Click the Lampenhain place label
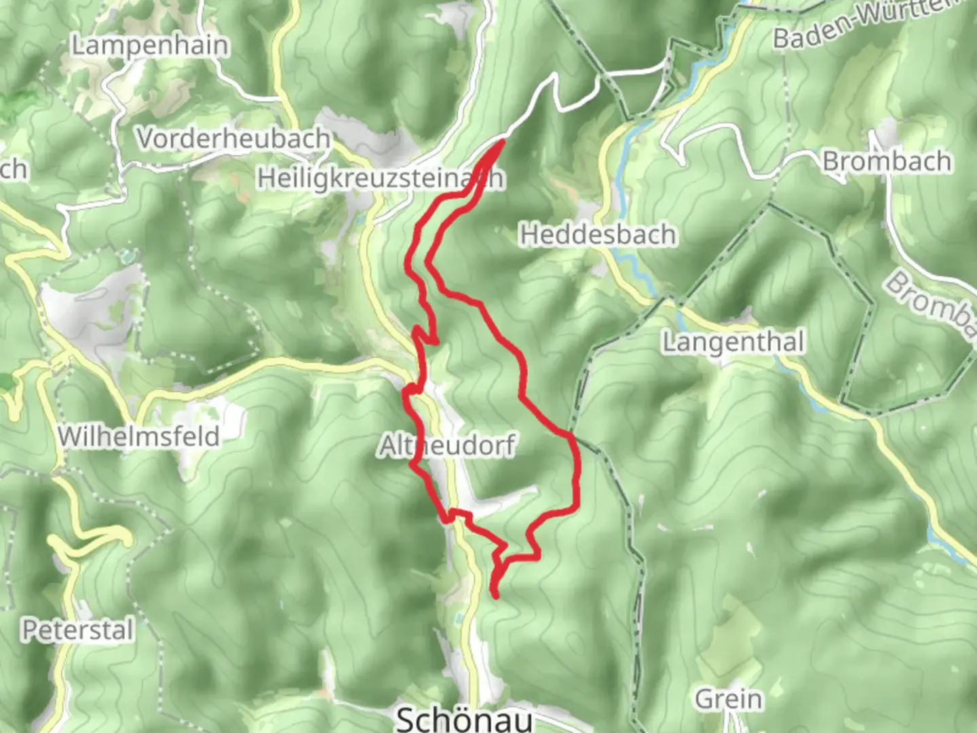pos(150,46)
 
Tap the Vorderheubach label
pos(233,138)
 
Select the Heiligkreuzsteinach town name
pos(380,178)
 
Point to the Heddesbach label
pos(598,235)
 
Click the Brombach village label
pos(886,162)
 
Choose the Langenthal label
pos(733,342)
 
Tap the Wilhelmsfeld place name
pos(138,436)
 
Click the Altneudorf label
pos(447,447)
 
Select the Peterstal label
pos(77,631)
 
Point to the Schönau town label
pos(464,718)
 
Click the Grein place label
pos(729,698)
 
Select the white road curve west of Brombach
pos(678,146)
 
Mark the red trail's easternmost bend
pos(577,468)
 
